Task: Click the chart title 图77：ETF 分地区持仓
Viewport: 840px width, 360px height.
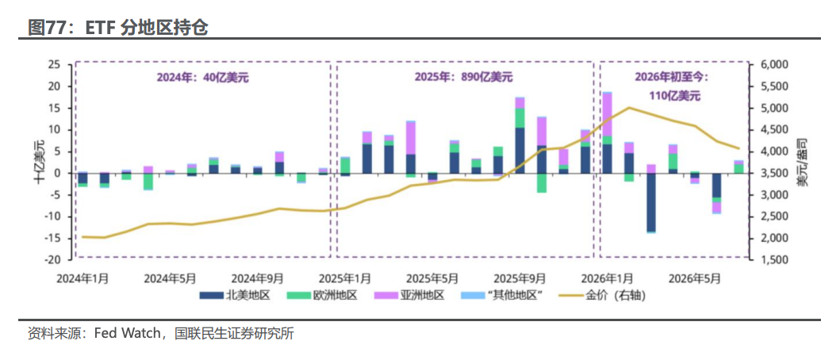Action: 117,28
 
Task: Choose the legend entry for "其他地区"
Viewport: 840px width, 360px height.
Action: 502,295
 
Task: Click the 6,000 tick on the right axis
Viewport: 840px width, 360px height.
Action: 773,64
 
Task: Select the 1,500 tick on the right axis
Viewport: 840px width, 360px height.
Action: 773,260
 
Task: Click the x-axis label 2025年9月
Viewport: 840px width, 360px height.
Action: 520,278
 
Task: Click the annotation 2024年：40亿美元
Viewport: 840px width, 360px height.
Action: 202,77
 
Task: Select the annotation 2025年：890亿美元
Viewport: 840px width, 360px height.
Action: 463,77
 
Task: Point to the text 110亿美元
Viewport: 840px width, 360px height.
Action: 671,97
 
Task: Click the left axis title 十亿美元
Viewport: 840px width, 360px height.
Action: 40,162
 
